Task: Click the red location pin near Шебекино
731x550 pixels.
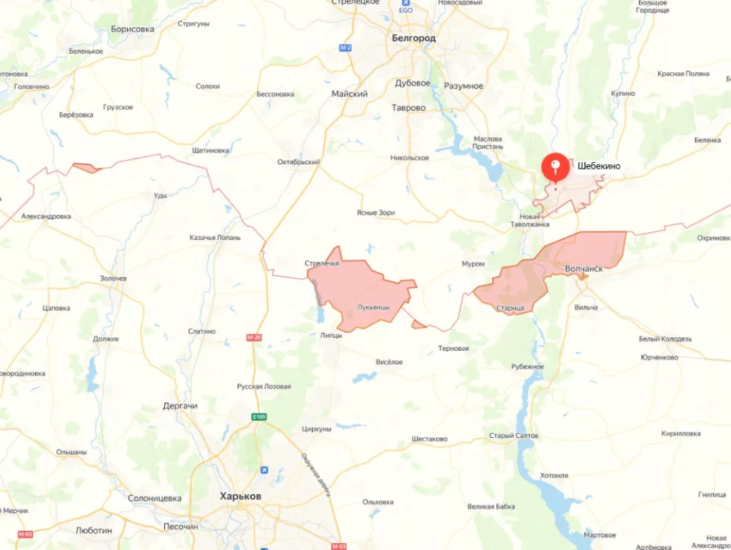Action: (x=555, y=167)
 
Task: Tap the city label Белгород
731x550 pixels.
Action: (x=413, y=38)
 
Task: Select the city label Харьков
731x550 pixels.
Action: (x=241, y=496)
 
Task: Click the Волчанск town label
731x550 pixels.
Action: (x=584, y=269)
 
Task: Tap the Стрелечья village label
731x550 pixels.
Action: (x=322, y=263)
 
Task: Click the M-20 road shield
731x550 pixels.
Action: (x=254, y=337)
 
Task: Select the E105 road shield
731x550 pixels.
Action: (x=258, y=416)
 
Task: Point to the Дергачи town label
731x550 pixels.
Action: (x=180, y=406)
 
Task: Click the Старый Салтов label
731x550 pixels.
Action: (x=514, y=436)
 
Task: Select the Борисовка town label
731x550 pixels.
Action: (x=133, y=29)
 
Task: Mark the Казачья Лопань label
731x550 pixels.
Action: (x=215, y=238)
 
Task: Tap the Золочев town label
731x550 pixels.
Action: (x=113, y=279)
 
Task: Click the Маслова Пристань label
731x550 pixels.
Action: (x=488, y=142)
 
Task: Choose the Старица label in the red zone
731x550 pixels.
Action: (x=510, y=308)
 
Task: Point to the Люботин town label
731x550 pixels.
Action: (x=94, y=530)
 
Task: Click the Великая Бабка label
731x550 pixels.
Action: (x=491, y=506)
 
